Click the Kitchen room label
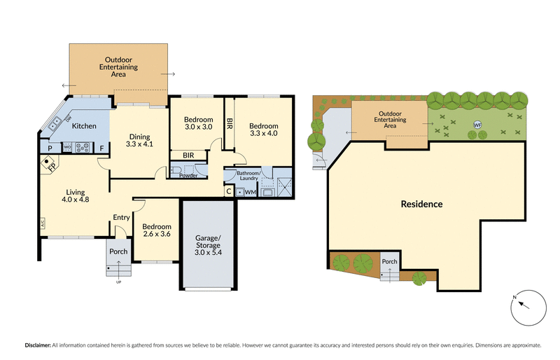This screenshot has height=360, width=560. tap(85, 126)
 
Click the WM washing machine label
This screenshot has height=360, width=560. tap(251, 192)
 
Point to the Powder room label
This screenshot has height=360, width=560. tap(188, 175)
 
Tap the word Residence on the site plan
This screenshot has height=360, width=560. tap(421, 205)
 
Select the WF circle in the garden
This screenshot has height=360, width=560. tap(478, 125)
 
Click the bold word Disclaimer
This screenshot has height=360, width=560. tap(37, 345)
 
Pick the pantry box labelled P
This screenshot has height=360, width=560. tap(50, 148)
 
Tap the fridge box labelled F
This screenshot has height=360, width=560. tap(101, 148)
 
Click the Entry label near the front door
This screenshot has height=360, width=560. tap(122, 218)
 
